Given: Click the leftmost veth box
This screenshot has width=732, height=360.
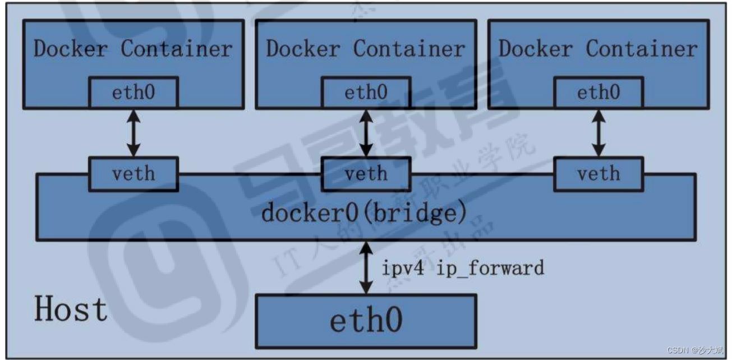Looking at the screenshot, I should click(133, 173).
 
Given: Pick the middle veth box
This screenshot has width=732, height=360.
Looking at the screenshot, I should click(366, 173).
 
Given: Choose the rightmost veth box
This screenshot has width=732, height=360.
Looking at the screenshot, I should click(599, 173).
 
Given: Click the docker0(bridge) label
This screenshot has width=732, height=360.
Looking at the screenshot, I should click(365, 214).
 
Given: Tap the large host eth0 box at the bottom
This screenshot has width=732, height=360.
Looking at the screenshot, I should click(366, 321).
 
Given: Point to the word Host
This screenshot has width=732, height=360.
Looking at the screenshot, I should click(71, 309).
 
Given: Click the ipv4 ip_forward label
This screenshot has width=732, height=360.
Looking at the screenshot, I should click(463, 268).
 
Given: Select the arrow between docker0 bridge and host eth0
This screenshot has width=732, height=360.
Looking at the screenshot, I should click(366, 268).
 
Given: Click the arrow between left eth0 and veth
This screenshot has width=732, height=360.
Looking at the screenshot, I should click(133, 133).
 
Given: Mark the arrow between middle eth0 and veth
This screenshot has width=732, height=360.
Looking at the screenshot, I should click(366, 133).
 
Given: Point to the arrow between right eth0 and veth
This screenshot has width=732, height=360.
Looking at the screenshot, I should click(599, 133).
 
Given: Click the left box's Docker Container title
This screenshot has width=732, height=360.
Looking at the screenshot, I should click(133, 49).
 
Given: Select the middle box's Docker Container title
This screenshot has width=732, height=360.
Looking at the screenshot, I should click(365, 49).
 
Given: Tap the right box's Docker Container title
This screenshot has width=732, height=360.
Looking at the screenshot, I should click(598, 49).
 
